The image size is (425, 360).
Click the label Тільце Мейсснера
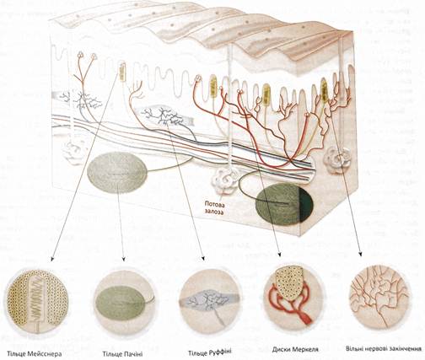click(35, 353)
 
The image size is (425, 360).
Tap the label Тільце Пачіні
click(122, 353)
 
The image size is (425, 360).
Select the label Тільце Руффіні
click(210, 352)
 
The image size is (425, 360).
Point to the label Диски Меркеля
click(295, 350)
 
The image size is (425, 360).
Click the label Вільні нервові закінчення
click(384, 349)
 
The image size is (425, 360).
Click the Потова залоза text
click(214, 207)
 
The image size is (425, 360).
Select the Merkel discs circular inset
click(293, 298)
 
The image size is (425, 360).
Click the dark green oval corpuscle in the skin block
click(284, 204)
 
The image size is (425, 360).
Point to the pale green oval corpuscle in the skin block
click(117, 172)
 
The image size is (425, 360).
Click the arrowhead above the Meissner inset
click(51, 259)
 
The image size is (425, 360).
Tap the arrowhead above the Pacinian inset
click(124, 259)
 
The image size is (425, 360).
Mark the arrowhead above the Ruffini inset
click(203, 259)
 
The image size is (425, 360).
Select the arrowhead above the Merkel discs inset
click(279, 254)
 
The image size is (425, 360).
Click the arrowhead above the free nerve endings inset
click(360, 254)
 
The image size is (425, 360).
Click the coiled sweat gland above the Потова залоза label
click(226, 180)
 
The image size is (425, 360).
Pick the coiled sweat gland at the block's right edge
click(337, 158)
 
